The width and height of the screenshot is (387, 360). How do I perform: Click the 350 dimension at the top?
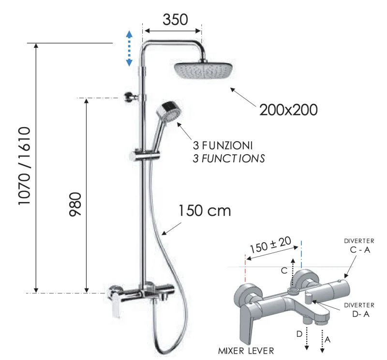click(x=175, y=19)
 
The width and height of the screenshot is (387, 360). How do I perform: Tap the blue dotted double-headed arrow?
click(x=129, y=48)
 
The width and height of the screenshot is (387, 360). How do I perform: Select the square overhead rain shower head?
click(x=203, y=71)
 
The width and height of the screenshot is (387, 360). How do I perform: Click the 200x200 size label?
click(x=288, y=110)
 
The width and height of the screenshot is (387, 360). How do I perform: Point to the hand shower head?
click(x=169, y=112)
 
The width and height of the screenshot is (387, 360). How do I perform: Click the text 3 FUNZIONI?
click(x=223, y=145)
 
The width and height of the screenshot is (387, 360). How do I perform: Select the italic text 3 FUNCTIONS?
click(x=229, y=158)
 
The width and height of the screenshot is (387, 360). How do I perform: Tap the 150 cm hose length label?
click(x=205, y=211)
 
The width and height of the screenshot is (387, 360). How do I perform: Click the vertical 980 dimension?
click(x=75, y=204)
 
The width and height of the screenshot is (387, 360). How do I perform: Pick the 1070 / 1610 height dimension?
click(x=25, y=166)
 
